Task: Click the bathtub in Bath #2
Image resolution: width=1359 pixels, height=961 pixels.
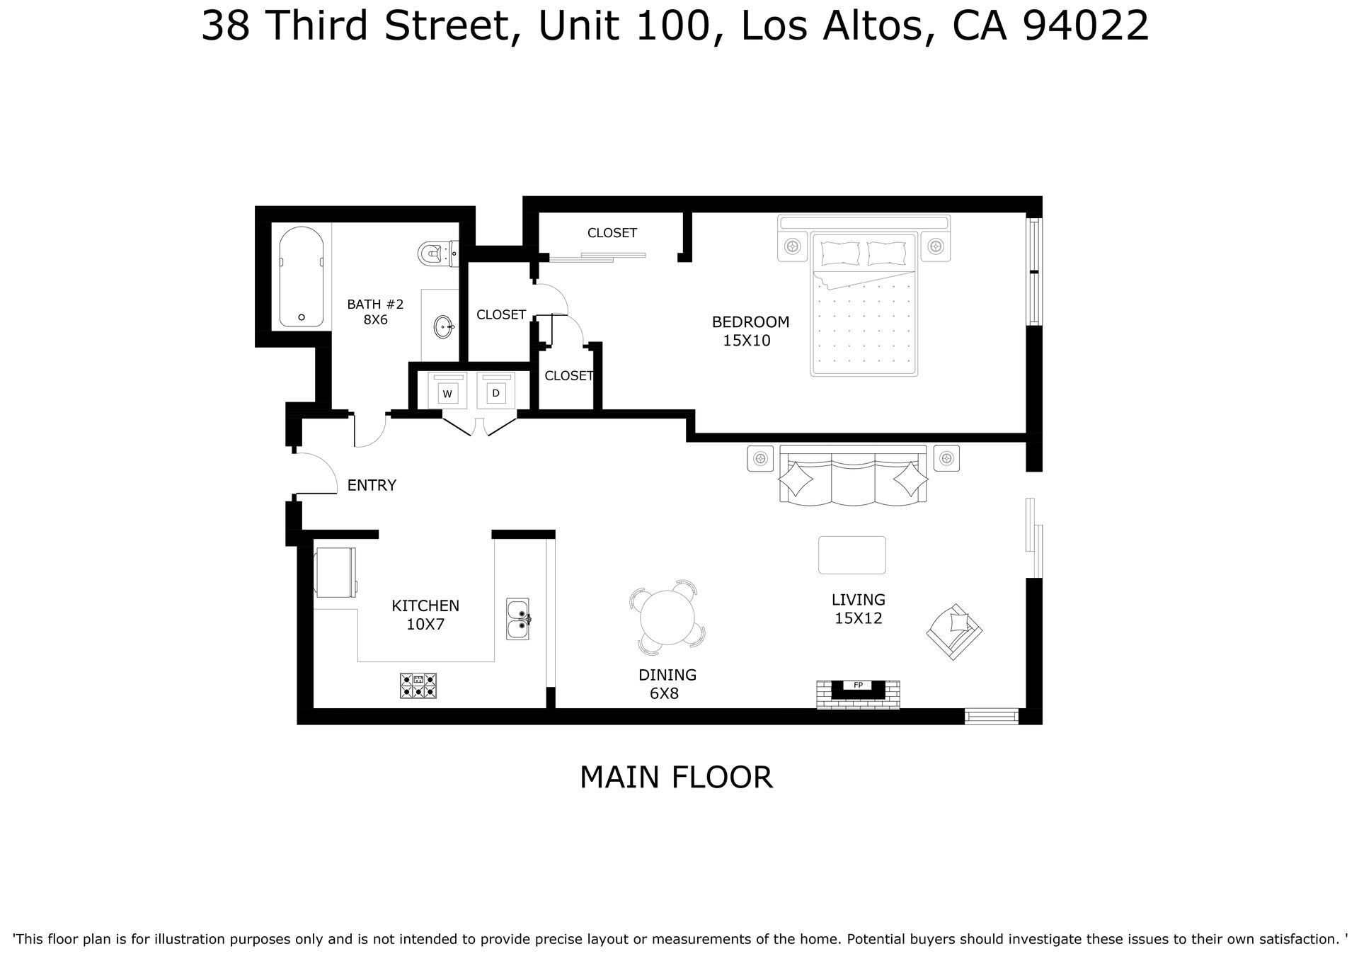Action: (302, 277)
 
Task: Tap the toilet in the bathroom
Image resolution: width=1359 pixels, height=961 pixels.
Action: (438, 253)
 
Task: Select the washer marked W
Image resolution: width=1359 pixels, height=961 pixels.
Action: (447, 391)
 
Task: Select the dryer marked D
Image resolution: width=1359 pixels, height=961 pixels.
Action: (495, 391)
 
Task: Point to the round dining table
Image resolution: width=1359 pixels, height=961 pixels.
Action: (667, 618)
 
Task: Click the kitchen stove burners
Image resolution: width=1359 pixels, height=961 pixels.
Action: (418, 686)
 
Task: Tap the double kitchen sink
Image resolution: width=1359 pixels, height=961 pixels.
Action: (517, 619)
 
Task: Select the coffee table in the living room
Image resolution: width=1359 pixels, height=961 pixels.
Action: (852, 555)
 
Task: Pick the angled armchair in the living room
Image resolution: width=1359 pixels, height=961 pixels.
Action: (955, 632)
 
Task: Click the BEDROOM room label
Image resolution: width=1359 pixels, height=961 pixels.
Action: (750, 322)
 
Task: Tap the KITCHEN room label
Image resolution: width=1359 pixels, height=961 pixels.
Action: (425, 606)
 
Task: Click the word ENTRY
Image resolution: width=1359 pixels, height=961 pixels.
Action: (372, 485)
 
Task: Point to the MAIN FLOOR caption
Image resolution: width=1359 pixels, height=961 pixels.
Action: (676, 777)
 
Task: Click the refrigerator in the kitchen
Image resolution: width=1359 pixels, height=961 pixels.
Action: (336, 572)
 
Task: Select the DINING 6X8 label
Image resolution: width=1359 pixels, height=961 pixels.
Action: (667, 684)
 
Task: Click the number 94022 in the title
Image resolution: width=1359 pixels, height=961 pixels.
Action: (1086, 26)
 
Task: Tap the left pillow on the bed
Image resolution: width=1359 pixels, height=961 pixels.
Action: (839, 253)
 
